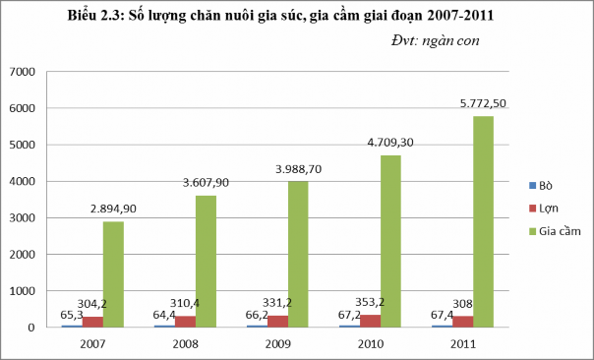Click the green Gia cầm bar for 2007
coord(113,274)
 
